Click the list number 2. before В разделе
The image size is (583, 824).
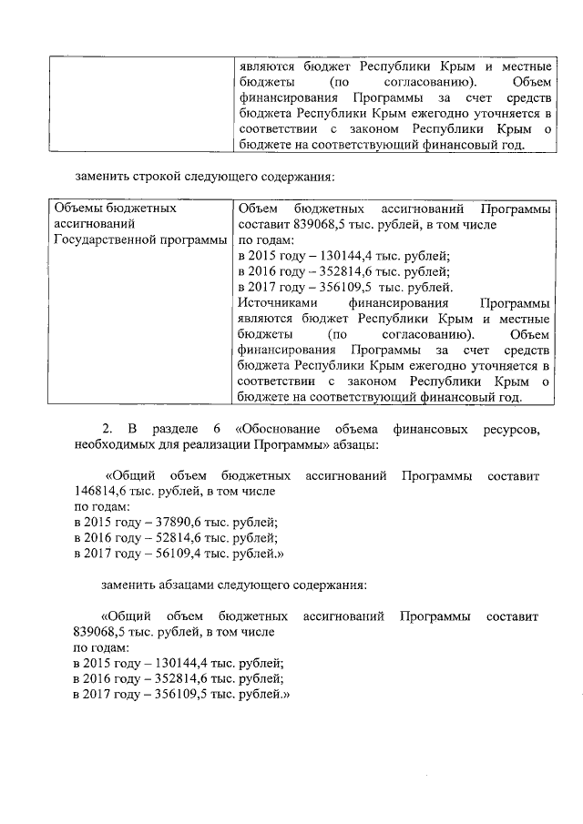coord(107,429)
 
